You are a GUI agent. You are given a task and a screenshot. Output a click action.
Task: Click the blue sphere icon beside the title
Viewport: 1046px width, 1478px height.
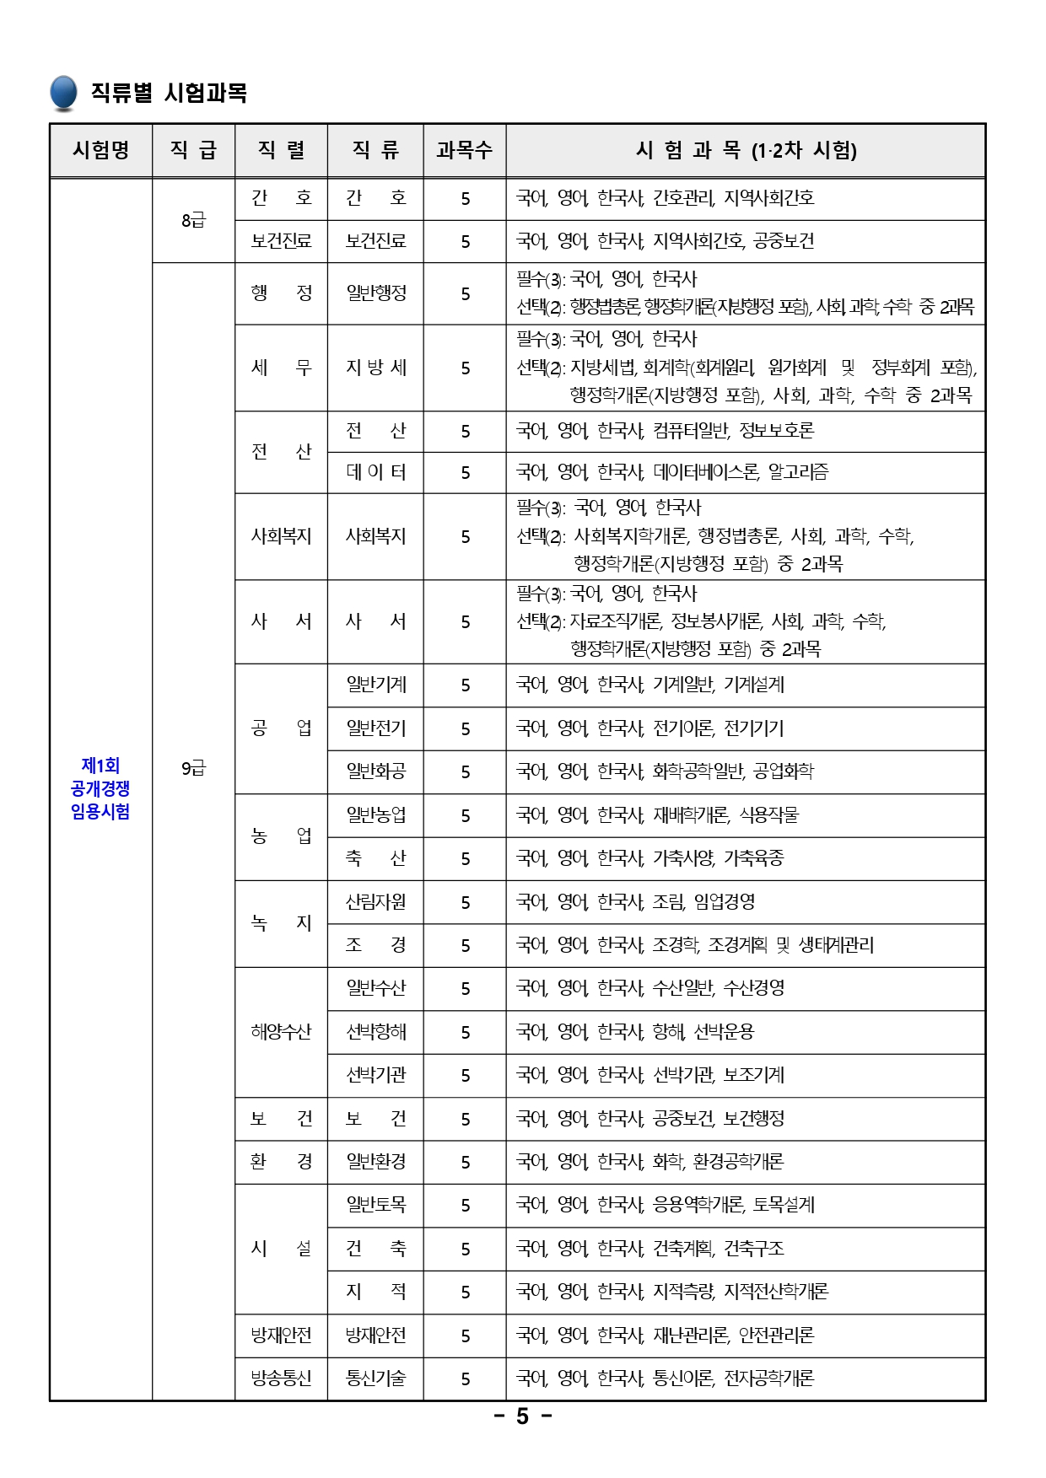click(63, 93)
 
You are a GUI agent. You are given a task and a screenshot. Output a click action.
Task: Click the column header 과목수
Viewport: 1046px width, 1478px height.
click(464, 150)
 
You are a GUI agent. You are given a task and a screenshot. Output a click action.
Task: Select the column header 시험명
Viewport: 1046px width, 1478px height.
click(101, 150)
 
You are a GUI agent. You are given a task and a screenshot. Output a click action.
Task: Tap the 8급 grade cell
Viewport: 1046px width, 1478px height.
click(193, 220)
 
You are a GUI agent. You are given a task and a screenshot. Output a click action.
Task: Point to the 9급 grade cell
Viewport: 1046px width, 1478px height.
click(193, 768)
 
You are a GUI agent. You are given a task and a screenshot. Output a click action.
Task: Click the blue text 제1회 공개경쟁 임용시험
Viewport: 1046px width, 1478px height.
click(100, 788)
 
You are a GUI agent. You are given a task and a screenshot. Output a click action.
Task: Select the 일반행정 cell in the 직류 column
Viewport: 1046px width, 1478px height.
click(376, 293)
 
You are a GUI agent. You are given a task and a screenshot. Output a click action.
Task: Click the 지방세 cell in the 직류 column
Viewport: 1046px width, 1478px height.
click(376, 368)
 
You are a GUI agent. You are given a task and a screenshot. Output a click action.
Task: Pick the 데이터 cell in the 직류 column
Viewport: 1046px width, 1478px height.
click(376, 472)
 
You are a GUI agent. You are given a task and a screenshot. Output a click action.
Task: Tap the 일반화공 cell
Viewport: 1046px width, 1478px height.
click(376, 771)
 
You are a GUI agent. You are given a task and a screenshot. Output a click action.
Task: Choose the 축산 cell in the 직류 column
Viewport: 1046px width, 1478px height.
click(376, 858)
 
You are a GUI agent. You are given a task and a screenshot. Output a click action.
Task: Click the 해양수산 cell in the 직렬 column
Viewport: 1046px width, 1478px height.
click(281, 1031)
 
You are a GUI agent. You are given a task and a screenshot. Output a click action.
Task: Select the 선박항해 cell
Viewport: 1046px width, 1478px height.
click(376, 1031)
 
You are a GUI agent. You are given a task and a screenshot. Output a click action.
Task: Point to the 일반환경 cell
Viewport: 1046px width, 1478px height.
click(376, 1162)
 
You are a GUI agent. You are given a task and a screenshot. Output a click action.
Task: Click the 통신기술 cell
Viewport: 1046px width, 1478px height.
click(376, 1379)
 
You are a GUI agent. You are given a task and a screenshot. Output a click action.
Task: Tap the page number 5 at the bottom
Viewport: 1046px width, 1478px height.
click(522, 1416)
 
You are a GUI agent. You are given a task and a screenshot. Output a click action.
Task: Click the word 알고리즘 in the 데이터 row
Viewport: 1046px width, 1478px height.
click(798, 472)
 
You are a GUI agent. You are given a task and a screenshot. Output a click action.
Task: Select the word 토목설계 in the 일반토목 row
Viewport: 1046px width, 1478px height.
click(784, 1205)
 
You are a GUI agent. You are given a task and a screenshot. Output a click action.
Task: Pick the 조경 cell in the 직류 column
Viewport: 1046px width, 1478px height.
click(376, 945)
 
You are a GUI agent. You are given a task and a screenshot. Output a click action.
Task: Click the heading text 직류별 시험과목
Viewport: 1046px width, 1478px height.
click(169, 93)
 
